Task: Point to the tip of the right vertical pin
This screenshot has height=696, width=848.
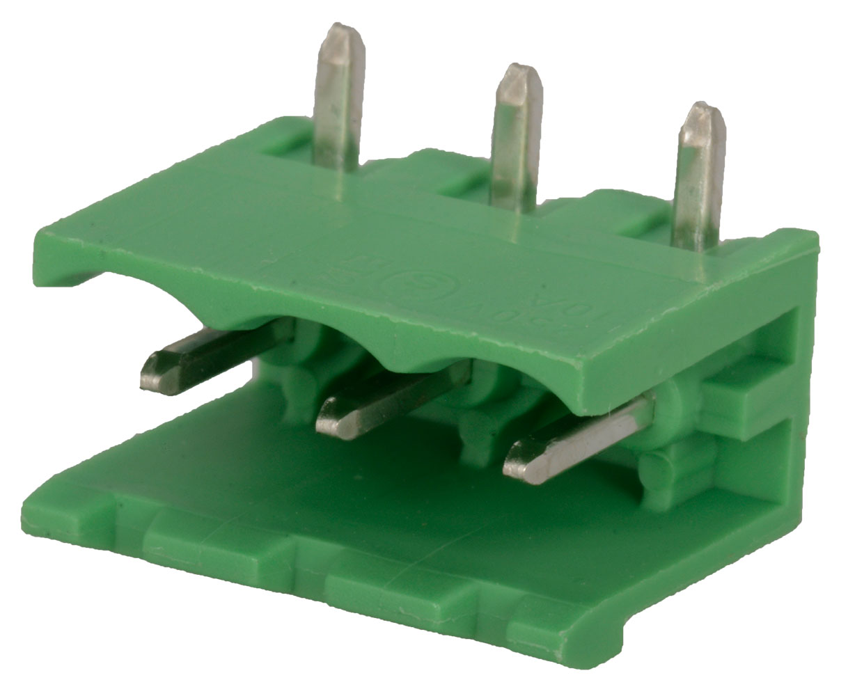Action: pos(703,111)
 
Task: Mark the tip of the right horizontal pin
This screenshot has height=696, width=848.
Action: pos(512,461)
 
